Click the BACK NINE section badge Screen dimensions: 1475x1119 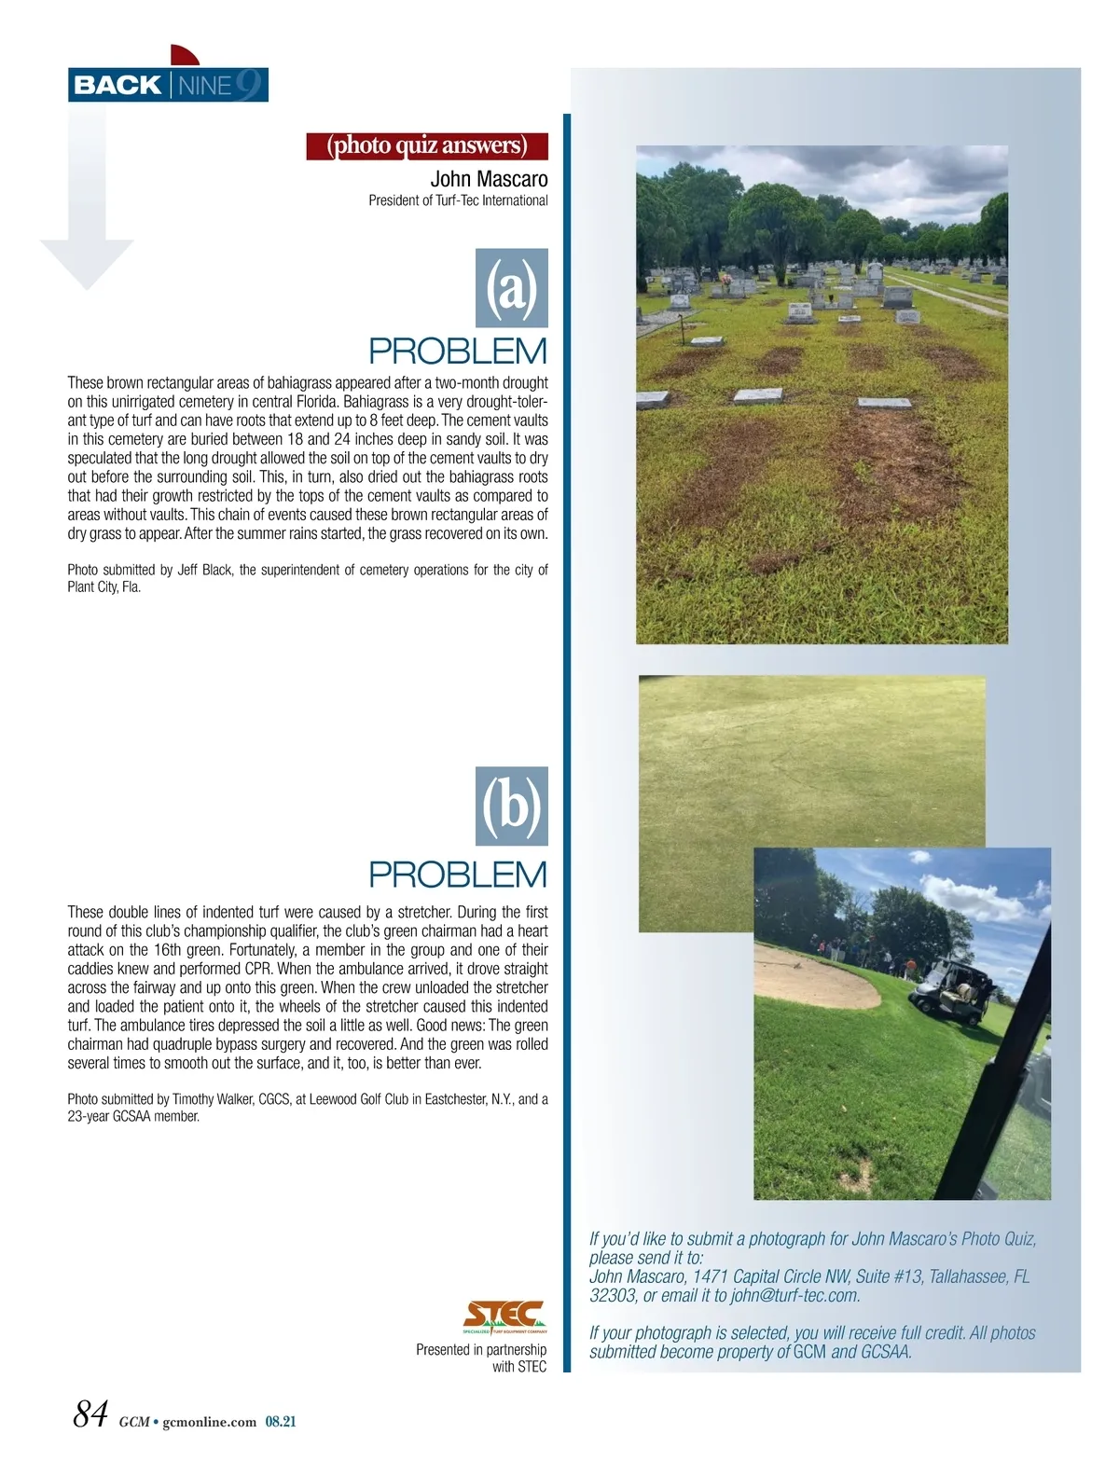point(168,85)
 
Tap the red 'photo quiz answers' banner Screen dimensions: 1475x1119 point(427,146)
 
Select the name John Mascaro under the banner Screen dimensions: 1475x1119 point(489,178)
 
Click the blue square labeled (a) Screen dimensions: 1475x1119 point(512,287)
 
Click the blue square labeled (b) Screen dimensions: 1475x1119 point(512,806)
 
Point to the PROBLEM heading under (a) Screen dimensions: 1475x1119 point(458,352)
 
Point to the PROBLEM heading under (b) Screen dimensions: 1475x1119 point(458,875)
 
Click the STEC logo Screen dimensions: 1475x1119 point(504,1316)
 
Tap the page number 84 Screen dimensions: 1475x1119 point(91,1414)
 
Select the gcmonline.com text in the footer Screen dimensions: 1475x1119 point(209,1422)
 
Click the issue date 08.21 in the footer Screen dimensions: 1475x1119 point(281,1422)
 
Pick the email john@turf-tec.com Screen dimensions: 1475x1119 point(794,1295)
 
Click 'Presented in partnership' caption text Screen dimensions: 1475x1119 point(481,1349)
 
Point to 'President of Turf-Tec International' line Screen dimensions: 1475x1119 point(458,200)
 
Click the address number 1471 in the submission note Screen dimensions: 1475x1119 point(710,1276)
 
